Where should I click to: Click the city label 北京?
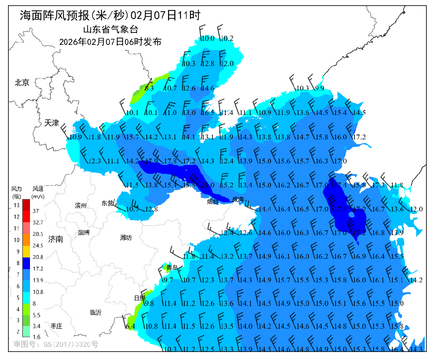point(22,83)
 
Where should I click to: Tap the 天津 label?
point(52,123)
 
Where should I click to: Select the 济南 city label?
point(56,239)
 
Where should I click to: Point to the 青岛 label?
point(172,267)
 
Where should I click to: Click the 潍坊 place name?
point(126,237)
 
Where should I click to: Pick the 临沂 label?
point(96,312)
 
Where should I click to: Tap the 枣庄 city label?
point(56,326)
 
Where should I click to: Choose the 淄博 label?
point(84,232)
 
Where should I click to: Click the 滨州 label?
point(81,205)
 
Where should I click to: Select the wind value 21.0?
point(208,185)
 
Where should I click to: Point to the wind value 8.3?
point(149,88)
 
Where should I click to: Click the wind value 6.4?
point(130,326)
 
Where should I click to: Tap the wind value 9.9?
point(320,88)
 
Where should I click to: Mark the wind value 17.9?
point(152,161)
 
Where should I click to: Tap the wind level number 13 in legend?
point(16,205)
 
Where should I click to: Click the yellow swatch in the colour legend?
point(26,251)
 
